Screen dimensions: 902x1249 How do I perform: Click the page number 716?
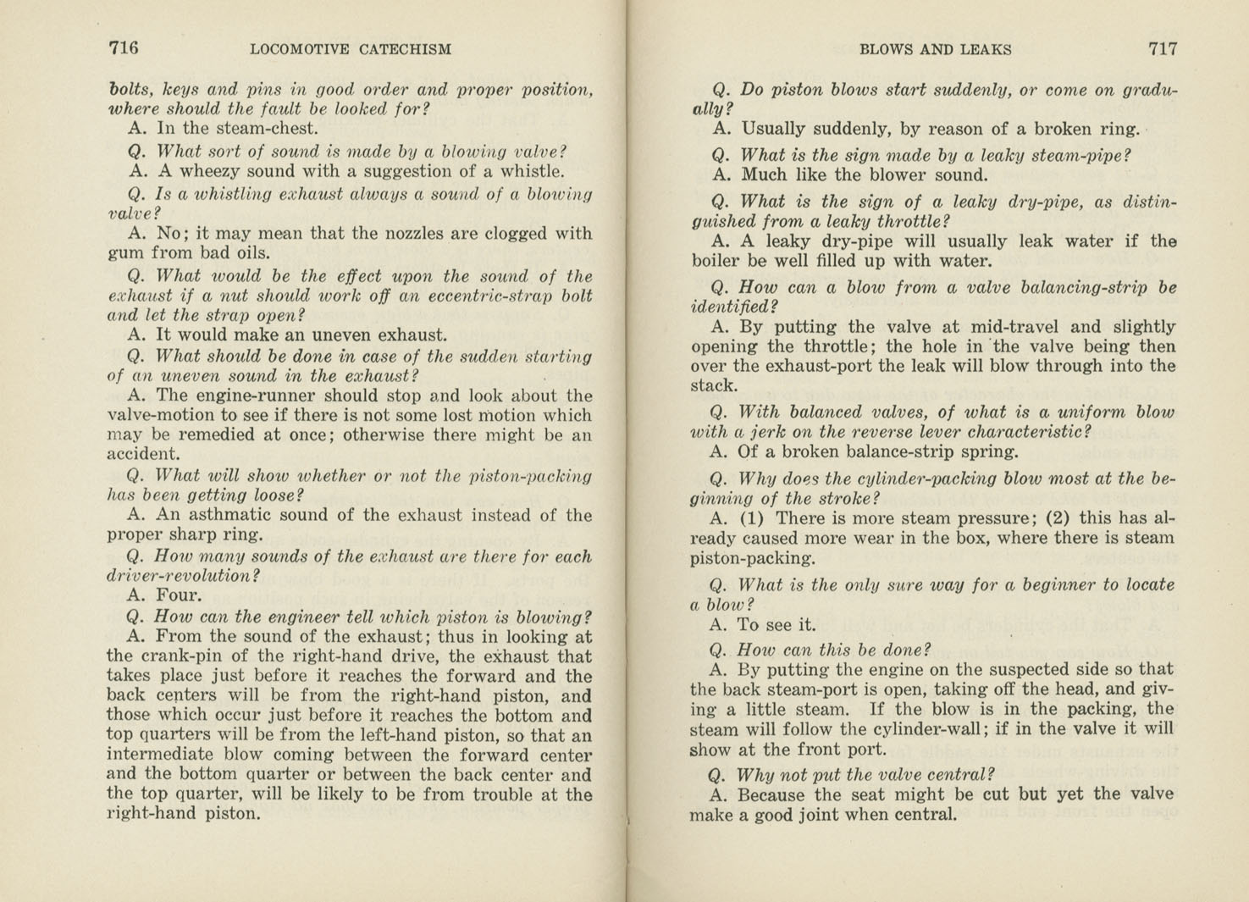(x=124, y=48)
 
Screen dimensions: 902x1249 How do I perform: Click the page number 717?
(x=1162, y=49)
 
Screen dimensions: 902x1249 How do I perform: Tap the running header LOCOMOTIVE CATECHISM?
(x=351, y=49)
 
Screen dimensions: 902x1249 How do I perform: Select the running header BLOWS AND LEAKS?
(x=935, y=49)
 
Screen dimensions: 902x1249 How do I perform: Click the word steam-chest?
(x=269, y=129)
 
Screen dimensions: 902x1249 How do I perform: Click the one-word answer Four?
(x=179, y=595)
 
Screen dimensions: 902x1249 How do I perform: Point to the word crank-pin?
(x=178, y=656)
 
